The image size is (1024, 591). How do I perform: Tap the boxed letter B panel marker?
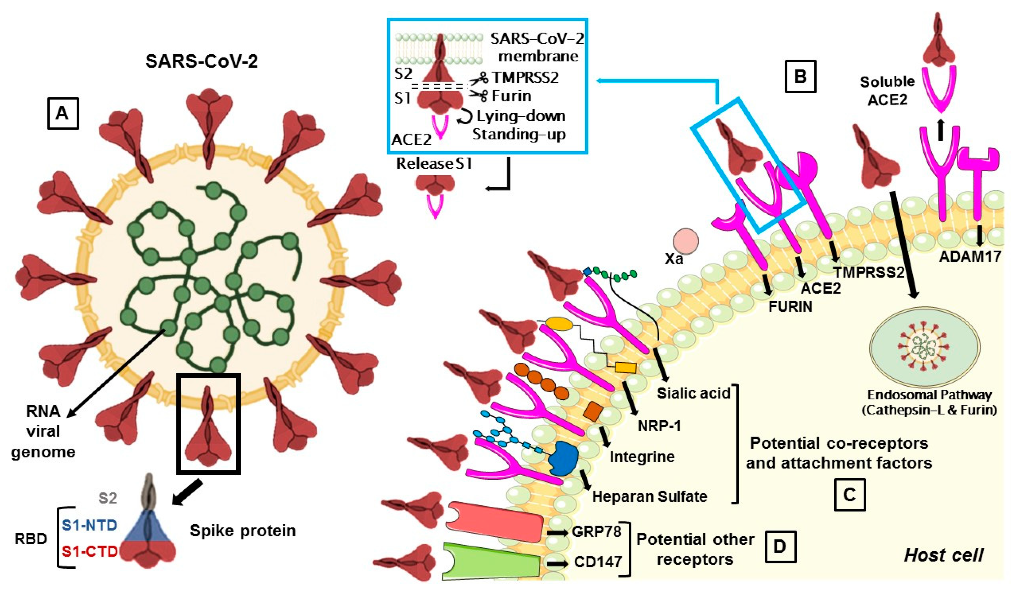[800, 76]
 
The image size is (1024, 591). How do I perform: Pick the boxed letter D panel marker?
[780, 547]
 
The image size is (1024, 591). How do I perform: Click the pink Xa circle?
[685, 241]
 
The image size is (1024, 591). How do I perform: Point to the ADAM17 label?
[970, 256]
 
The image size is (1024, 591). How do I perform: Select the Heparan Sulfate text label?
[649, 496]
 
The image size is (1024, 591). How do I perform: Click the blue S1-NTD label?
[90, 525]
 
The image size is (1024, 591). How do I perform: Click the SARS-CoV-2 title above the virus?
[201, 61]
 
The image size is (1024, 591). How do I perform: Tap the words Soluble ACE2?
[887, 91]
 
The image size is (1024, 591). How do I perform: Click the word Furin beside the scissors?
[511, 96]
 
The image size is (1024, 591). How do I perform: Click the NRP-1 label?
[659, 426]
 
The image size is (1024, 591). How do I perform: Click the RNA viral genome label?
[43, 432]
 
